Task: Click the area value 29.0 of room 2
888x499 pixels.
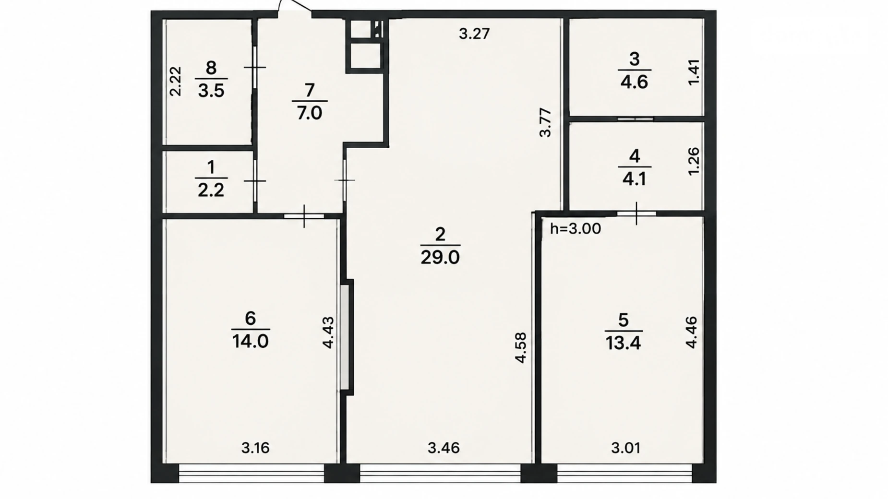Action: pyautogui.click(x=440, y=258)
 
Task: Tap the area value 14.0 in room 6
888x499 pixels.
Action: pyautogui.click(x=250, y=342)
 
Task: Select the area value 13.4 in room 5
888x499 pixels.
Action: pyautogui.click(x=623, y=343)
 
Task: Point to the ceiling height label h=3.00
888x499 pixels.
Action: pyautogui.click(x=575, y=228)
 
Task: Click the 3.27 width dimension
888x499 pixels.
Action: pyautogui.click(x=474, y=34)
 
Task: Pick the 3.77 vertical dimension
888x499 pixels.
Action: pyautogui.click(x=545, y=123)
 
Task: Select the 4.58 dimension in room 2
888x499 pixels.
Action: pyautogui.click(x=520, y=348)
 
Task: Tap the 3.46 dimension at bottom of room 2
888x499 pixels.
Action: pyautogui.click(x=444, y=448)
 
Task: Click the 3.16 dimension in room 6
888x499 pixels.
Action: pyautogui.click(x=255, y=448)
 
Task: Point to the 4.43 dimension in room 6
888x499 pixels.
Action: pyautogui.click(x=328, y=333)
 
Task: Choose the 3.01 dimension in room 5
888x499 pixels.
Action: pyautogui.click(x=625, y=448)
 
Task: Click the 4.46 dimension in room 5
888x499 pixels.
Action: pyautogui.click(x=691, y=333)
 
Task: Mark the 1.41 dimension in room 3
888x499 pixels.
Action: pyautogui.click(x=694, y=72)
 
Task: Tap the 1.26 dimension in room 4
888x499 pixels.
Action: pyautogui.click(x=694, y=161)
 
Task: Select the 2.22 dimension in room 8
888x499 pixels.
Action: pyautogui.click(x=176, y=82)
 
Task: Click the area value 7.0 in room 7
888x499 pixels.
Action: pyautogui.click(x=309, y=113)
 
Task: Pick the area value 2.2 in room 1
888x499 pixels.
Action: pyautogui.click(x=211, y=190)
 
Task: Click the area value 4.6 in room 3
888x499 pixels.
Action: pyautogui.click(x=634, y=82)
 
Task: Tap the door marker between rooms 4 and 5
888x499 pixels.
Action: pyautogui.click(x=636, y=214)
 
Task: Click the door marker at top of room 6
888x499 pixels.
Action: pyautogui.click(x=304, y=216)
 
